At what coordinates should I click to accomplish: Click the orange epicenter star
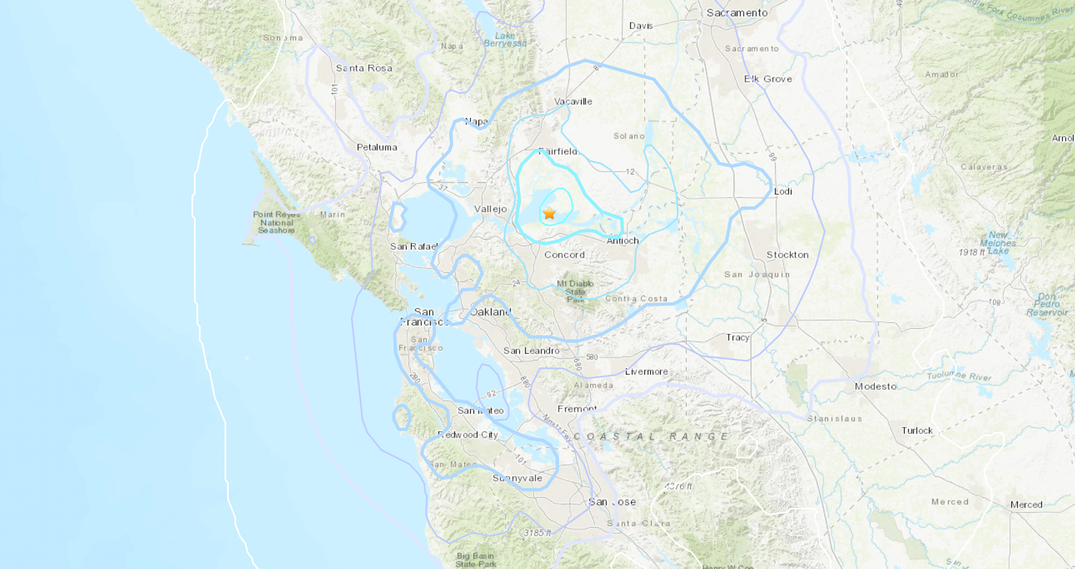click(x=549, y=213)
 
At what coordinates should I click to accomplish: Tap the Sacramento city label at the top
click(x=737, y=13)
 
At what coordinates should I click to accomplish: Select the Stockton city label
click(x=788, y=255)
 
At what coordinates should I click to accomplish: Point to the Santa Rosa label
click(x=364, y=68)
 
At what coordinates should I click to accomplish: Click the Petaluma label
click(x=377, y=147)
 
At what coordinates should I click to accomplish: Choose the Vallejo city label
click(x=490, y=209)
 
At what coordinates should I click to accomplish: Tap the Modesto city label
click(x=876, y=386)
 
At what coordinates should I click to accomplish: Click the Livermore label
click(x=646, y=372)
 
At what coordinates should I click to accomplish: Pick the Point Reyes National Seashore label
click(x=276, y=222)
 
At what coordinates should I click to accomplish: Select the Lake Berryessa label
click(x=505, y=39)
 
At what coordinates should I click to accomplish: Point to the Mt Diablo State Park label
click(x=575, y=291)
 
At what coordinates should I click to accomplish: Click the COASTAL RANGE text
click(x=651, y=437)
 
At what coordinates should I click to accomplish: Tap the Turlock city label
click(x=917, y=430)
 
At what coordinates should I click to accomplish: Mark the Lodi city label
click(x=783, y=191)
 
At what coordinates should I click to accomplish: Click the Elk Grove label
click(x=768, y=79)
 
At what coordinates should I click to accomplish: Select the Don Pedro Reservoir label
click(x=1047, y=304)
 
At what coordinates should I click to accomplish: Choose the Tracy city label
click(x=737, y=337)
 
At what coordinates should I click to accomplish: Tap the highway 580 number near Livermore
click(x=592, y=357)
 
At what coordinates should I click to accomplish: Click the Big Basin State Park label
click(x=475, y=560)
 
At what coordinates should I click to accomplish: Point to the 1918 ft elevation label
click(x=971, y=252)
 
